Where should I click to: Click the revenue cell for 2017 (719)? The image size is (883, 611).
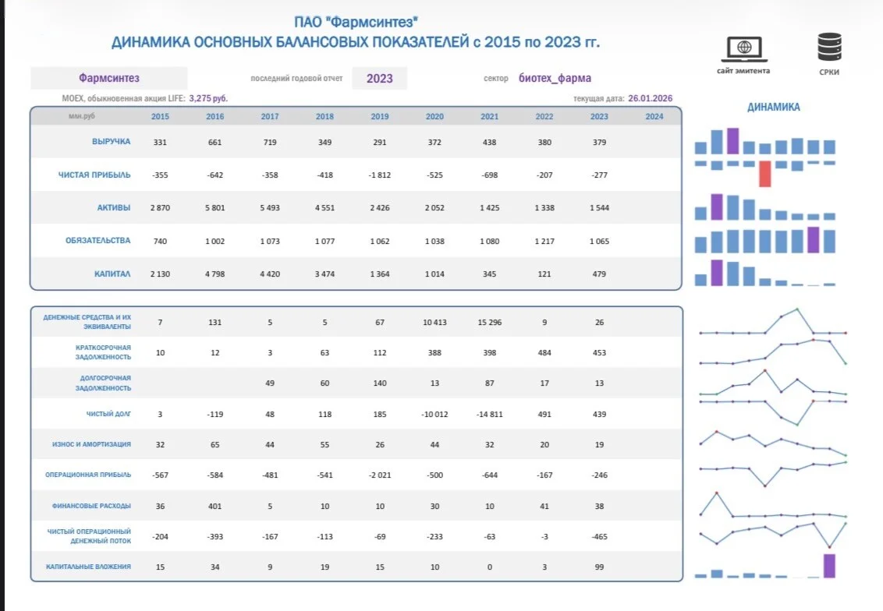point(270,143)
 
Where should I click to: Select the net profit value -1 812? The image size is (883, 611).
point(380,175)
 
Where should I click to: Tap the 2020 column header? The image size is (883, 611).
point(434,116)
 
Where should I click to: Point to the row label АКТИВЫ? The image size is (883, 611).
point(114,207)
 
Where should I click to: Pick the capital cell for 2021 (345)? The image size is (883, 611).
point(489,274)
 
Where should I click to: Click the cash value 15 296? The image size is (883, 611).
point(489,323)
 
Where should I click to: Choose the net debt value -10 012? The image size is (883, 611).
point(434,414)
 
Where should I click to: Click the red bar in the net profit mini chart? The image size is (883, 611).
point(764,174)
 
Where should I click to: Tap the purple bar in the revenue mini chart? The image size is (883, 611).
point(732,141)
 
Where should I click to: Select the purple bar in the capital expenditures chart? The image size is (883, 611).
point(829,566)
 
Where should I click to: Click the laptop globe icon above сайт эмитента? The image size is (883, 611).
point(744,49)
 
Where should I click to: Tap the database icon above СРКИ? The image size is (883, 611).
point(829,47)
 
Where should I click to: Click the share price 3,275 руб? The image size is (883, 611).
point(208,98)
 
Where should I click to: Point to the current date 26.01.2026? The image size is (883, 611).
point(651,98)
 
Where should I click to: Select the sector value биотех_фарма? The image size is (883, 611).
point(555,78)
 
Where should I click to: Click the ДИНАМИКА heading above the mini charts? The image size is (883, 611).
point(773,107)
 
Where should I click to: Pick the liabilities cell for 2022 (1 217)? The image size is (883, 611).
point(544,242)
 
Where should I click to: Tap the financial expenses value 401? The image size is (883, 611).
point(215,507)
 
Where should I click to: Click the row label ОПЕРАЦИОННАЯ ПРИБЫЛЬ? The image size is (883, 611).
point(88,475)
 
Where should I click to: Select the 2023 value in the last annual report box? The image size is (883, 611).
point(380,79)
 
